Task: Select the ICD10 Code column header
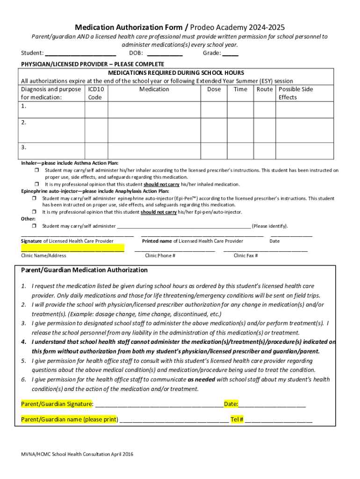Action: pos(95,93)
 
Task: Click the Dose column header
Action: pos(214,89)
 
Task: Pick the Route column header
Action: pos(265,89)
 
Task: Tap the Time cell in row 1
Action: pos(240,109)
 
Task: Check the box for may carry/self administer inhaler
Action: pos(35,171)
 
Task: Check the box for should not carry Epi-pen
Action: pos(35,212)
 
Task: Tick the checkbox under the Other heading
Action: pos(35,226)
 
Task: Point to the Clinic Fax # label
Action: pos(246,255)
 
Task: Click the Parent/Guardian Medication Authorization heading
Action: pos(85,270)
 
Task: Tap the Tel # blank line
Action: pos(279,420)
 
